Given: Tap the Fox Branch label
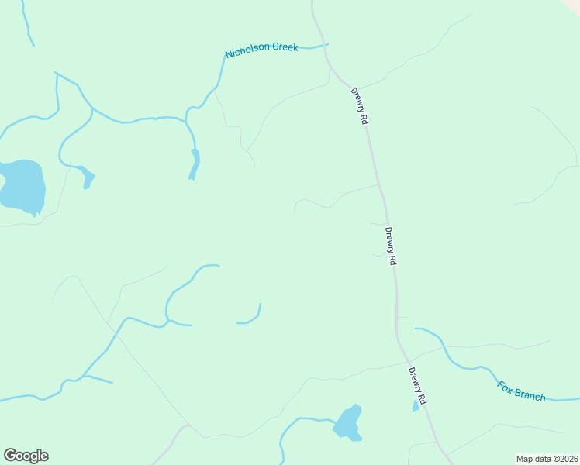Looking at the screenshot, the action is tap(522, 390).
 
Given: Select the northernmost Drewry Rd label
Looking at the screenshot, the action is tap(358, 105).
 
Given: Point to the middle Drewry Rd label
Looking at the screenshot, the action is tap(391, 246).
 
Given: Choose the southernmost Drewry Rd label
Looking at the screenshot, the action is tap(418, 385).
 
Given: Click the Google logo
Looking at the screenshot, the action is tap(26, 456).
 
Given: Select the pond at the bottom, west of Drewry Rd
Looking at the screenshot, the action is tap(347, 423).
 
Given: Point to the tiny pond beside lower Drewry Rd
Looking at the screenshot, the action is tap(416, 406).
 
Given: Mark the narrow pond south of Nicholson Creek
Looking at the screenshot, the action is tap(194, 165).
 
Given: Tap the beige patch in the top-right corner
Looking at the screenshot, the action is tap(572, 4).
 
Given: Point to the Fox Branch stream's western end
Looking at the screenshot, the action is tap(417, 329).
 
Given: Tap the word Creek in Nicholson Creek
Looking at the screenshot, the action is tap(283, 47).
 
